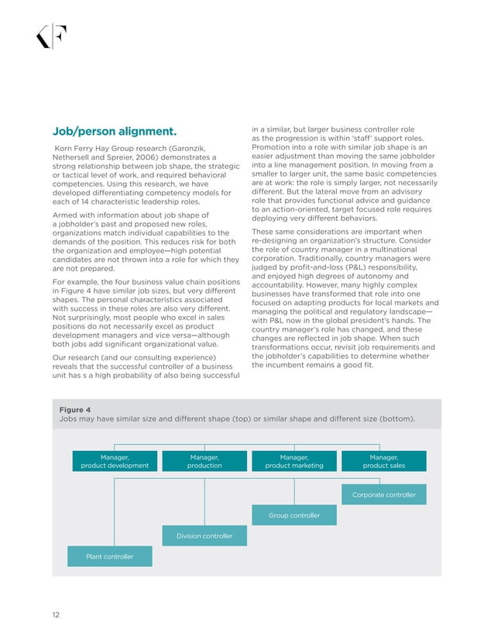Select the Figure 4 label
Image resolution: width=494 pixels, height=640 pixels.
tap(75, 409)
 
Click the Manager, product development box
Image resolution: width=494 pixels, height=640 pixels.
tap(115, 461)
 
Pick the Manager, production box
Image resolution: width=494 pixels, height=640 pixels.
tap(204, 461)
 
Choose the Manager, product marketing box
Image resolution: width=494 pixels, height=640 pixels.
tap(294, 461)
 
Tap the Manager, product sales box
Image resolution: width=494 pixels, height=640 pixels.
tap(384, 461)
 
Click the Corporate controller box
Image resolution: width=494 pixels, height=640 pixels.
tap(384, 494)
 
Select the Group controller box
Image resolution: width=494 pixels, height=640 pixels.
tap(294, 515)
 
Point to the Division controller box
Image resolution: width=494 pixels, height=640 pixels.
tap(204, 535)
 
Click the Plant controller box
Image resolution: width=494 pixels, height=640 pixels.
tap(110, 556)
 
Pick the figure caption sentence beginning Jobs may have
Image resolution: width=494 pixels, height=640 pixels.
tap(237, 419)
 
